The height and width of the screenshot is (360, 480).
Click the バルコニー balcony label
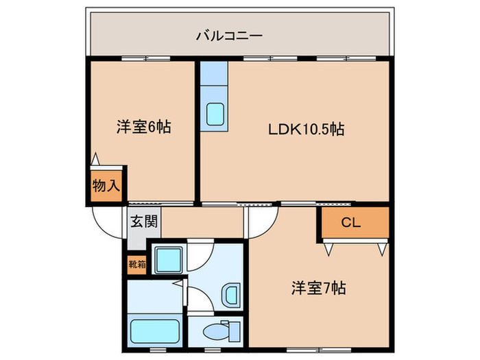click(229, 36)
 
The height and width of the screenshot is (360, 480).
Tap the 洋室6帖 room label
click(143, 127)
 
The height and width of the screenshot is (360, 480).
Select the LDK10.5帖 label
click(306, 129)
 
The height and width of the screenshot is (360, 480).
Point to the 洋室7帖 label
click(319, 288)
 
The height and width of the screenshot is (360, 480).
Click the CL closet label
click(351, 222)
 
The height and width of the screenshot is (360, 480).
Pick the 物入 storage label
click(106, 186)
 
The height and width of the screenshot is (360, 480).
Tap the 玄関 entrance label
click(144, 221)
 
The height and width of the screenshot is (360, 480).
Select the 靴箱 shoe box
click(137, 264)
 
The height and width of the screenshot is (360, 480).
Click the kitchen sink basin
click(215, 114)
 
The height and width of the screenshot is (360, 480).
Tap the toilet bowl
click(216, 331)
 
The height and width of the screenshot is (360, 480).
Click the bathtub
click(154, 331)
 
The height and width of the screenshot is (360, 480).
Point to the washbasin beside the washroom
click(230, 295)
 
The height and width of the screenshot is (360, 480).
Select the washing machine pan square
click(168, 260)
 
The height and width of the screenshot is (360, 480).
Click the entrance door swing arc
click(103, 228)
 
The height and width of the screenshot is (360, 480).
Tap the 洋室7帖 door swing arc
click(269, 228)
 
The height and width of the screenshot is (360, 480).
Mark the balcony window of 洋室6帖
click(145, 58)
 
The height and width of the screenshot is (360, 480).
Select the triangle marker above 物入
click(95, 159)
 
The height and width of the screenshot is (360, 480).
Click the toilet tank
click(235, 331)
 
